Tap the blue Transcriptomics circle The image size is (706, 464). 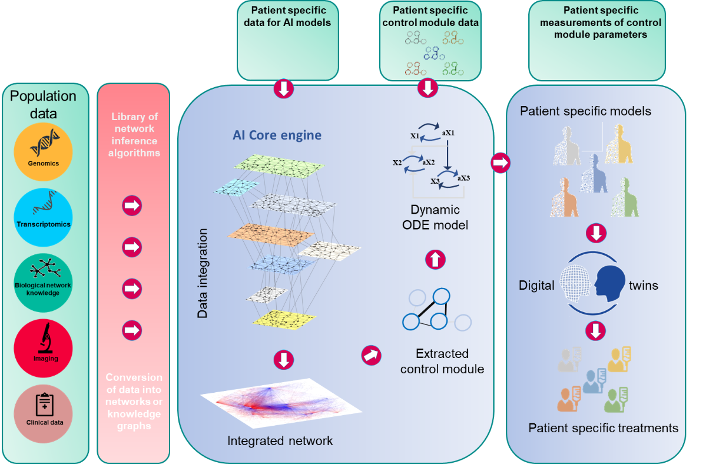[43, 217]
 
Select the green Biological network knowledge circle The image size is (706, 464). [43, 282]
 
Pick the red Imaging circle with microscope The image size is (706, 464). [43, 348]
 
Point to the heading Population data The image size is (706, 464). [44, 104]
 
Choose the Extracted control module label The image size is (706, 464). [442, 362]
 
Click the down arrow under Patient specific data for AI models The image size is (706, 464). [284, 90]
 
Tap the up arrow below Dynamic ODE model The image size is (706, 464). [435, 258]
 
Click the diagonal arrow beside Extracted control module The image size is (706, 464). [371, 354]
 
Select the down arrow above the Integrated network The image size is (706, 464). [284, 360]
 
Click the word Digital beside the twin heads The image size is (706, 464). [536, 286]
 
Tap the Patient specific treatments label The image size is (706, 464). [603, 428]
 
